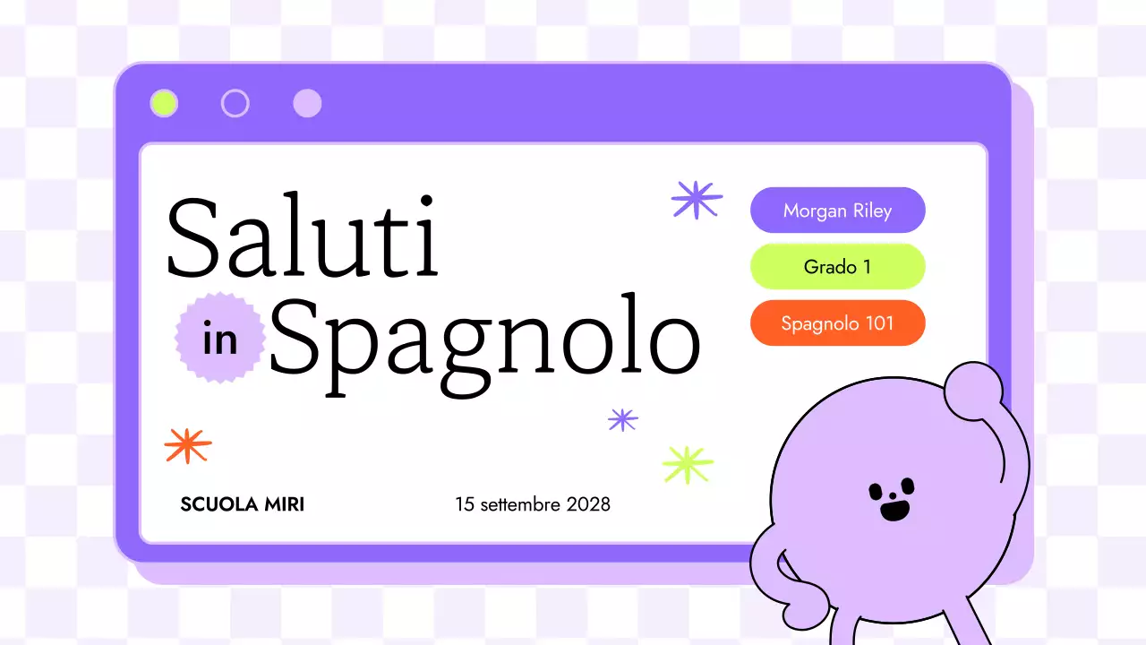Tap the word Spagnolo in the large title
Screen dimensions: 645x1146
[x=483, y=336]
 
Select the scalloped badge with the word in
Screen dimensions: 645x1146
[x=220, y=338]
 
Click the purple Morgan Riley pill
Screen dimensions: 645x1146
[x=837, y=211]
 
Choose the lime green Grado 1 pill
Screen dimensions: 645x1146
[x=837, y=267]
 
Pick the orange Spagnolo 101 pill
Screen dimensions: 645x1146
[x=837, y=323]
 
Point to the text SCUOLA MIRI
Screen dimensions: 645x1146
[x=242, y=504]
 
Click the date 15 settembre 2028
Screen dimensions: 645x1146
[x=532, y=504]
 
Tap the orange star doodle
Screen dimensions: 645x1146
[x=188, y=444]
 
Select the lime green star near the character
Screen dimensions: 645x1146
[x=688, y=464]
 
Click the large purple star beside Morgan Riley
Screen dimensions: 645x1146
[x=697, y=200]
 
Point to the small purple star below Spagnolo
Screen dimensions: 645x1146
[x=622, y=419]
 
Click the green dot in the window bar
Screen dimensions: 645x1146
[x=164, y=104]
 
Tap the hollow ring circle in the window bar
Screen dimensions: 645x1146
[x=235, y=104]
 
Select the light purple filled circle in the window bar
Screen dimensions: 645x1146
[x=307, y=104]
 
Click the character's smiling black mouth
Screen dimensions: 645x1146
[x=894, y=510]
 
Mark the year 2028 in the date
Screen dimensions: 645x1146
[x=588, y=504]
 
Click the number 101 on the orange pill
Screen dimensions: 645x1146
[x=879, y=323]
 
